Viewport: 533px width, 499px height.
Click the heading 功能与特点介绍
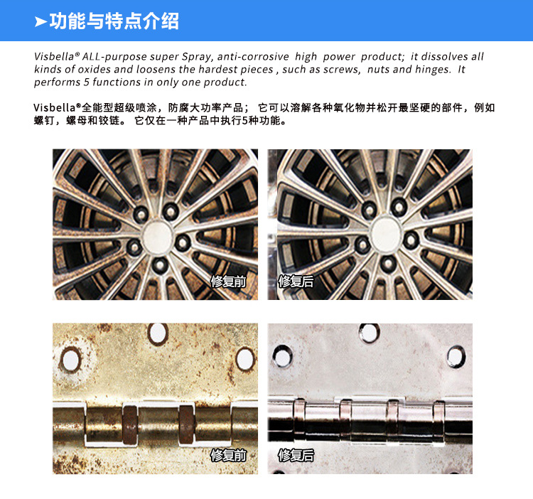(114, 21)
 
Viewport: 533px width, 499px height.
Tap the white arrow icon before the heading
(41, 22)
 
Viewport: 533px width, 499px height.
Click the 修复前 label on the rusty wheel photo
(228, 281)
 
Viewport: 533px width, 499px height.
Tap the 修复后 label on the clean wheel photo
(296, 281)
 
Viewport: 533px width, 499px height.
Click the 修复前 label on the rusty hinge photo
(228, 455)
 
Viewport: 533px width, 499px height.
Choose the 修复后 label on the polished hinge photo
(296, 455)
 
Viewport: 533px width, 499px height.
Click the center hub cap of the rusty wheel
(158, 232)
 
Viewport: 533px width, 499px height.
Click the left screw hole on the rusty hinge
(70, 360)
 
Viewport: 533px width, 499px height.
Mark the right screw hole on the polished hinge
(455, 355)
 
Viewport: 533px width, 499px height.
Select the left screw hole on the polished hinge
(282, 355)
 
